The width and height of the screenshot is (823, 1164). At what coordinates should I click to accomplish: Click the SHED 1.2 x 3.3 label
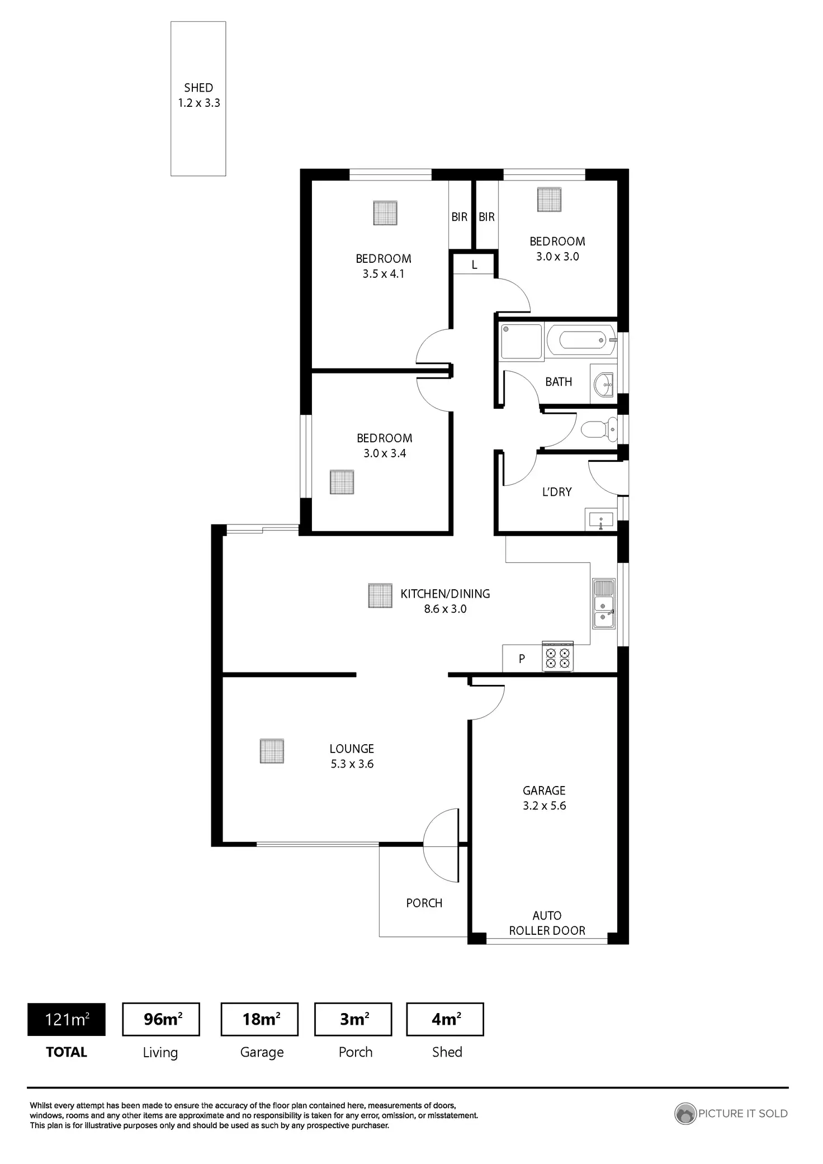click(198, 95)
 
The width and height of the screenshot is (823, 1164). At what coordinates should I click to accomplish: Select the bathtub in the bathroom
click(582, 340)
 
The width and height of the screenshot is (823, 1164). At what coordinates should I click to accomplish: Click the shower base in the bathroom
click(521, 341)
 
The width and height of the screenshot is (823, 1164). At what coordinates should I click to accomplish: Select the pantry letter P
click(522, 659)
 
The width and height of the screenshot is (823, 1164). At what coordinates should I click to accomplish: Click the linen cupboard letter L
click(474, 265)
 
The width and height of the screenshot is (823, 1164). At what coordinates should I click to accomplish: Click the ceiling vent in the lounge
click(272, 751)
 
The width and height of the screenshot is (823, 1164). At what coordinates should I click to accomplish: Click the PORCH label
click(424, 902)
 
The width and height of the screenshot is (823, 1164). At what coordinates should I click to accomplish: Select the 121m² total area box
click(67, 1019)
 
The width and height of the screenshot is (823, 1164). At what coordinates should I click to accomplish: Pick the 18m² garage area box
click(260, 1019)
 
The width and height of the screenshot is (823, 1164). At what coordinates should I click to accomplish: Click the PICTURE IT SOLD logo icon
click(685, 1113)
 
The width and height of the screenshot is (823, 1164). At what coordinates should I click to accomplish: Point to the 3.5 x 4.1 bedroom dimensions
click(383, 274)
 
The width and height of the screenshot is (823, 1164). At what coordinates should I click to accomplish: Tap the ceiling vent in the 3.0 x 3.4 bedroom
click(342, 482)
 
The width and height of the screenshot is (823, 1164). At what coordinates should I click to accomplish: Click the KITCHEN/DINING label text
click(445, 594)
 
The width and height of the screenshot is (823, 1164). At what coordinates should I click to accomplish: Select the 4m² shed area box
click(445, 1019)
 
